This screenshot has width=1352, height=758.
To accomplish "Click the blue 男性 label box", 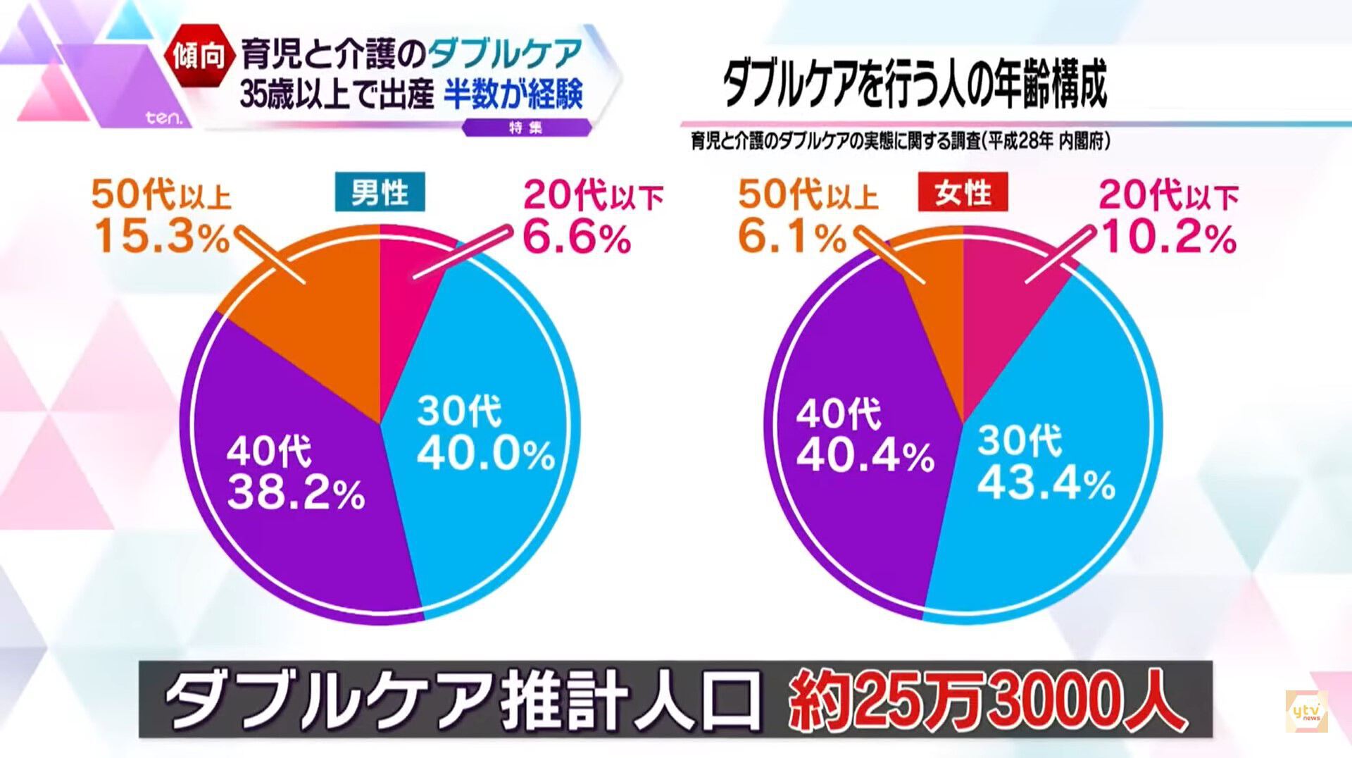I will click(380, 192).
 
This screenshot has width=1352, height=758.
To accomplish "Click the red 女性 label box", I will click(963, 192).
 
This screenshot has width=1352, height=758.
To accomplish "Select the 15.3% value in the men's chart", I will click(163, 236).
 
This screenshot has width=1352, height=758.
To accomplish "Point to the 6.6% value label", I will click(577, 237).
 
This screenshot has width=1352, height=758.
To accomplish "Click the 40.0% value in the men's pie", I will click(486, 454).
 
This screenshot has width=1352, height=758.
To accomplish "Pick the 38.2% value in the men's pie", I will click(296, 493).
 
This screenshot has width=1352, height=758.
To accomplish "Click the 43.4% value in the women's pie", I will click(1046, 484).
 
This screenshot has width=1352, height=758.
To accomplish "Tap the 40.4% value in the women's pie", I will click(865, 456).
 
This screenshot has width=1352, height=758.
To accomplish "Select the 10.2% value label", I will click(1169, 237).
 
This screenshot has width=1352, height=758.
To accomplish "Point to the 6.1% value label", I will click(792, 236).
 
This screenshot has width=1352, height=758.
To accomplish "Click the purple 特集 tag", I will click(525, 128).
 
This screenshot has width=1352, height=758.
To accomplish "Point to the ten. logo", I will click(163, 118).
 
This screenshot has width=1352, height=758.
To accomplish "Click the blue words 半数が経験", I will click(513, 94).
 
